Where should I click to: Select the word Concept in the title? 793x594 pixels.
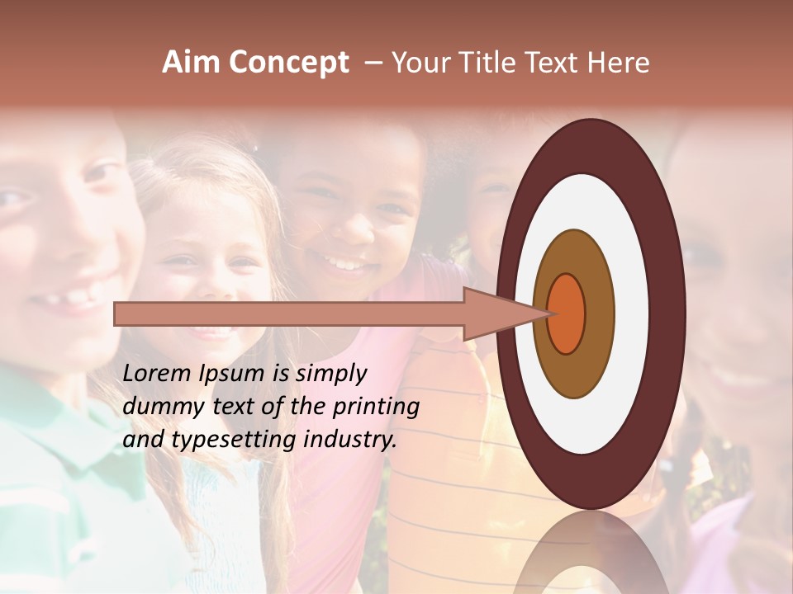point(289,64)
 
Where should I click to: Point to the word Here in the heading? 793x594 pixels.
point(621,63)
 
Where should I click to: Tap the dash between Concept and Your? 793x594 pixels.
point(373,64)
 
